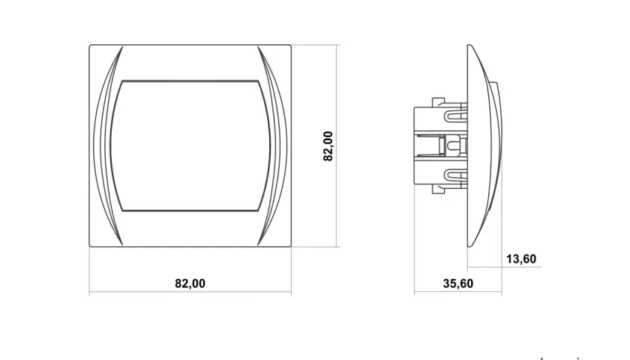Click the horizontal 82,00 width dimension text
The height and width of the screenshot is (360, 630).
190,283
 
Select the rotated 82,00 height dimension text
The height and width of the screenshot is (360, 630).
328,146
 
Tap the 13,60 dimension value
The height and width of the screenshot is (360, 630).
521,259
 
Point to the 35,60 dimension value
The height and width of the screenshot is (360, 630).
458,283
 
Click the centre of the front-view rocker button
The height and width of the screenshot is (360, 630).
190,145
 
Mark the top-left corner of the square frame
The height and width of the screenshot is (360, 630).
89,45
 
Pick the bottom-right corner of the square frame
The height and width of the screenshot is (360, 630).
291,246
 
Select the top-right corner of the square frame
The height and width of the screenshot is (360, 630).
291,45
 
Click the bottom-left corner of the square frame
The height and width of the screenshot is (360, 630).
89,246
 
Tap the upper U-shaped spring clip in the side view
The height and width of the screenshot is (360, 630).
456,115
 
